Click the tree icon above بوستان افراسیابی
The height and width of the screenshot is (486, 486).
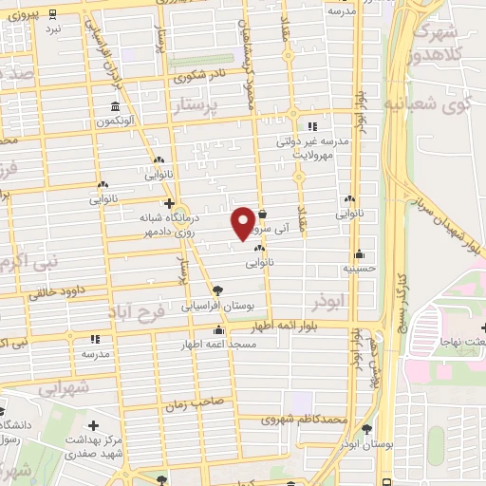coord(218,290)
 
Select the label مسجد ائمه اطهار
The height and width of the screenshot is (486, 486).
coord(219,346)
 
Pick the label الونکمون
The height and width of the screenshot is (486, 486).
coord(115,122)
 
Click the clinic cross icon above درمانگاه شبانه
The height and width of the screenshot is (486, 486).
coord(169,203)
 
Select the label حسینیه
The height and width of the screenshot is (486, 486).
coord(360,269)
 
